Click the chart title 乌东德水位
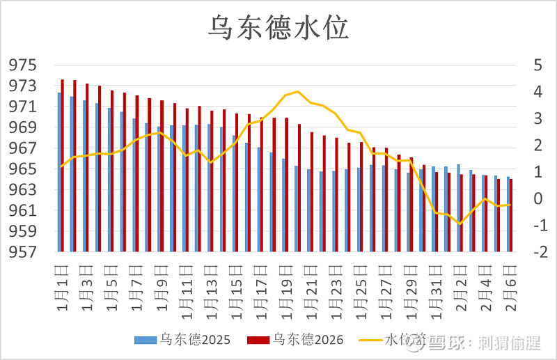[x=278, y=28]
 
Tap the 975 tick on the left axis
[x=22, y=65]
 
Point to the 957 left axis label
[x=22, y=252]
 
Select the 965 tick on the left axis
[x=22, y=169]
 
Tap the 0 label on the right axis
[x=537, y=198]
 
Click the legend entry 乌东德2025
[x=180, y=340]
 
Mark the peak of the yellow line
[x=298, y=91]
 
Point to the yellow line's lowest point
[x=460, y=224]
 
